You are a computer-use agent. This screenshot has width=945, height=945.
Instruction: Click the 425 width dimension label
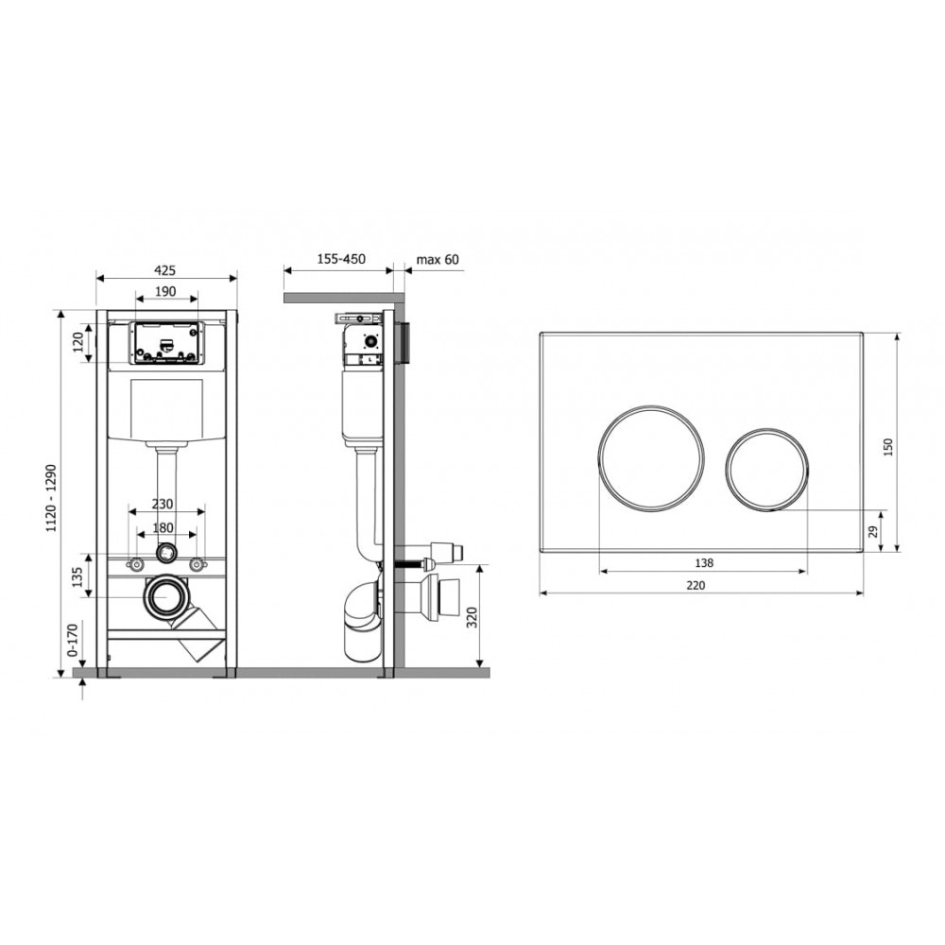pyautogui.click(x=165, y=270)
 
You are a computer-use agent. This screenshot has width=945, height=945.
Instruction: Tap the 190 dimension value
pyautogui.click(x=165, y=292)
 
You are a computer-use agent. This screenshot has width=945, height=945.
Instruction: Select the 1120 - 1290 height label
pyautogui.click(x=52, y=498)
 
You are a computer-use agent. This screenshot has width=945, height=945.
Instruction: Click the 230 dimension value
pyautogui.click(x=163, y=504)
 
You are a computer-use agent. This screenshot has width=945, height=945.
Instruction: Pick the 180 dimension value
pyautogui.click(x=163, y=528)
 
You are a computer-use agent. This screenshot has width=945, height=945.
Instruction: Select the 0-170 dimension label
pyautogui.click(x=73, y=641)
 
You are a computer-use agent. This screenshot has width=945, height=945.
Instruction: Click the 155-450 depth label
pyautogui.click(x=341, y=259)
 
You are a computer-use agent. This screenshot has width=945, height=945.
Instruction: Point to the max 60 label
pyautogui.click(x=438, y=260)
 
